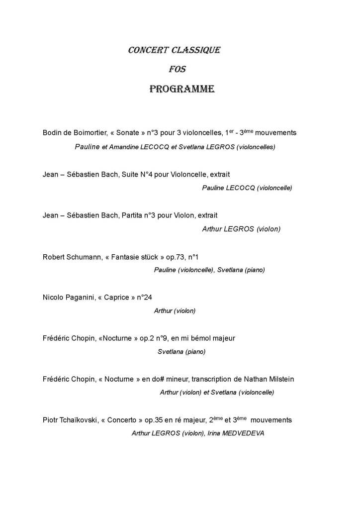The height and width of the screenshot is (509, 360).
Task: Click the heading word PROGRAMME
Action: click(x=181, y=90)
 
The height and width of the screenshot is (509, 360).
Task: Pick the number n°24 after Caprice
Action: click(x=144, y=298)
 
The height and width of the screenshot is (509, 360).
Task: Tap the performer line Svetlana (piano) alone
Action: click(x=181, y=352)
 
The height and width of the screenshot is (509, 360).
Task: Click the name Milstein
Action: click(x=279, y=379)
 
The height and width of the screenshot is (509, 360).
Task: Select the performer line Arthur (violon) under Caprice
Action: click(x=175, y=311)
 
